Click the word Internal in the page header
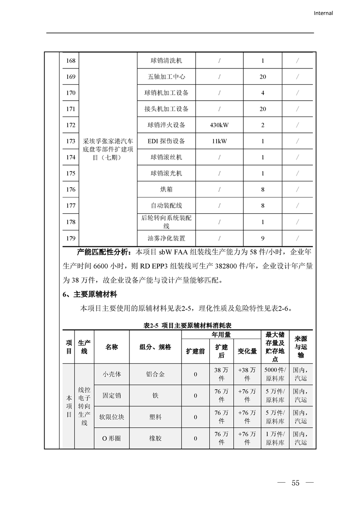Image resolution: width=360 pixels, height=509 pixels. tap(323, 13)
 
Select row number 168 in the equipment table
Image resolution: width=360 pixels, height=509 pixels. tap(70, 60)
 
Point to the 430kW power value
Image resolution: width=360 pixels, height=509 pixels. tap(219, 125)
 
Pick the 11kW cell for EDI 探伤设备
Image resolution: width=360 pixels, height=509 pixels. tap(219, 141)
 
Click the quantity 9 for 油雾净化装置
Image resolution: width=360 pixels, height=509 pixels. tap(262, 238)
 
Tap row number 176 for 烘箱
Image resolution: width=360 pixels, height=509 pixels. tap(70, 190)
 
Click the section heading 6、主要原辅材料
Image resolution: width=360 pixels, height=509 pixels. tap(89, 295)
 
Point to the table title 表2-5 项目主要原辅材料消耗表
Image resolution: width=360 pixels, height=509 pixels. tap(187, 326)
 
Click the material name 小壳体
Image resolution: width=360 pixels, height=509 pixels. tap(112, 374)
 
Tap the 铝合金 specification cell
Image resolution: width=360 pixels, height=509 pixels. tap(155, 374)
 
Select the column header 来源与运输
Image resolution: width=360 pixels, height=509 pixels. tap(301, 347)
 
